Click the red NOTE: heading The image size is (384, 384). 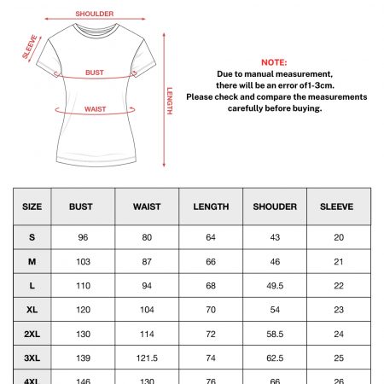coord(275,63)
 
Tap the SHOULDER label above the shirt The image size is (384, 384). coord(94,15)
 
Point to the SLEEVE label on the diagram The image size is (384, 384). coord(29,48)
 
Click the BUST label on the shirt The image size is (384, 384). coord(95,73)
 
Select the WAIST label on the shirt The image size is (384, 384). coord(95,109)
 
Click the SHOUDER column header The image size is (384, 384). coord(275,207)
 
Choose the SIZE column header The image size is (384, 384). coord(32,207)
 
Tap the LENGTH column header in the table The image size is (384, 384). coord(211,207)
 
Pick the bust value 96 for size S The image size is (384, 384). coord(84,237)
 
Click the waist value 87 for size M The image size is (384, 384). coord(147,261)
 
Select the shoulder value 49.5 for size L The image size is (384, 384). coord(275,286)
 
